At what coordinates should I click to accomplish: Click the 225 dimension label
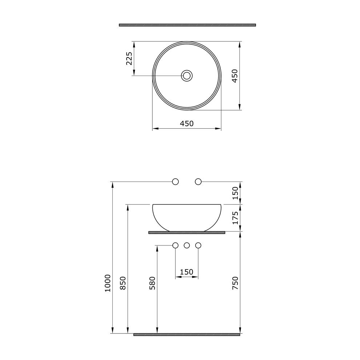tap(129, 58)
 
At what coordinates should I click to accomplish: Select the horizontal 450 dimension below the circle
tap(187, 124)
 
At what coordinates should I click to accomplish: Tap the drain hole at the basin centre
tap(187, 75)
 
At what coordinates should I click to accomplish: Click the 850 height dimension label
tap(123, 283)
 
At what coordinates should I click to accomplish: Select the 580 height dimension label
tap(152, 283)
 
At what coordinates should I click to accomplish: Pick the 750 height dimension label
tap(235, 283)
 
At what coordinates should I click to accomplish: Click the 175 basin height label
tap(235, 218)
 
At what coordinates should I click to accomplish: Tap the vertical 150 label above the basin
tap(235, 193)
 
